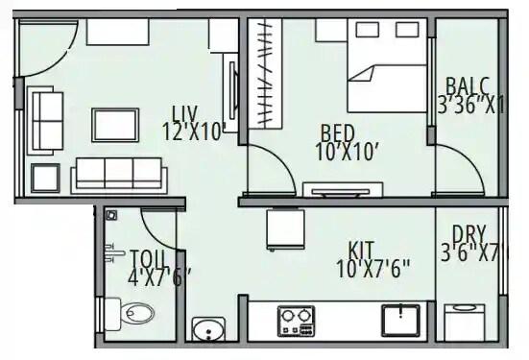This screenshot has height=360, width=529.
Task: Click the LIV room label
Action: [x=186, y=111]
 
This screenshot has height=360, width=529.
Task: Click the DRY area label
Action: [x=469, y=234]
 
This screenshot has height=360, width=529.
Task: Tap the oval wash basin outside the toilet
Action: [x=204, y=330]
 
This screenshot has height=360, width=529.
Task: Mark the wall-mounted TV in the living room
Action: [x=231, y=93]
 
